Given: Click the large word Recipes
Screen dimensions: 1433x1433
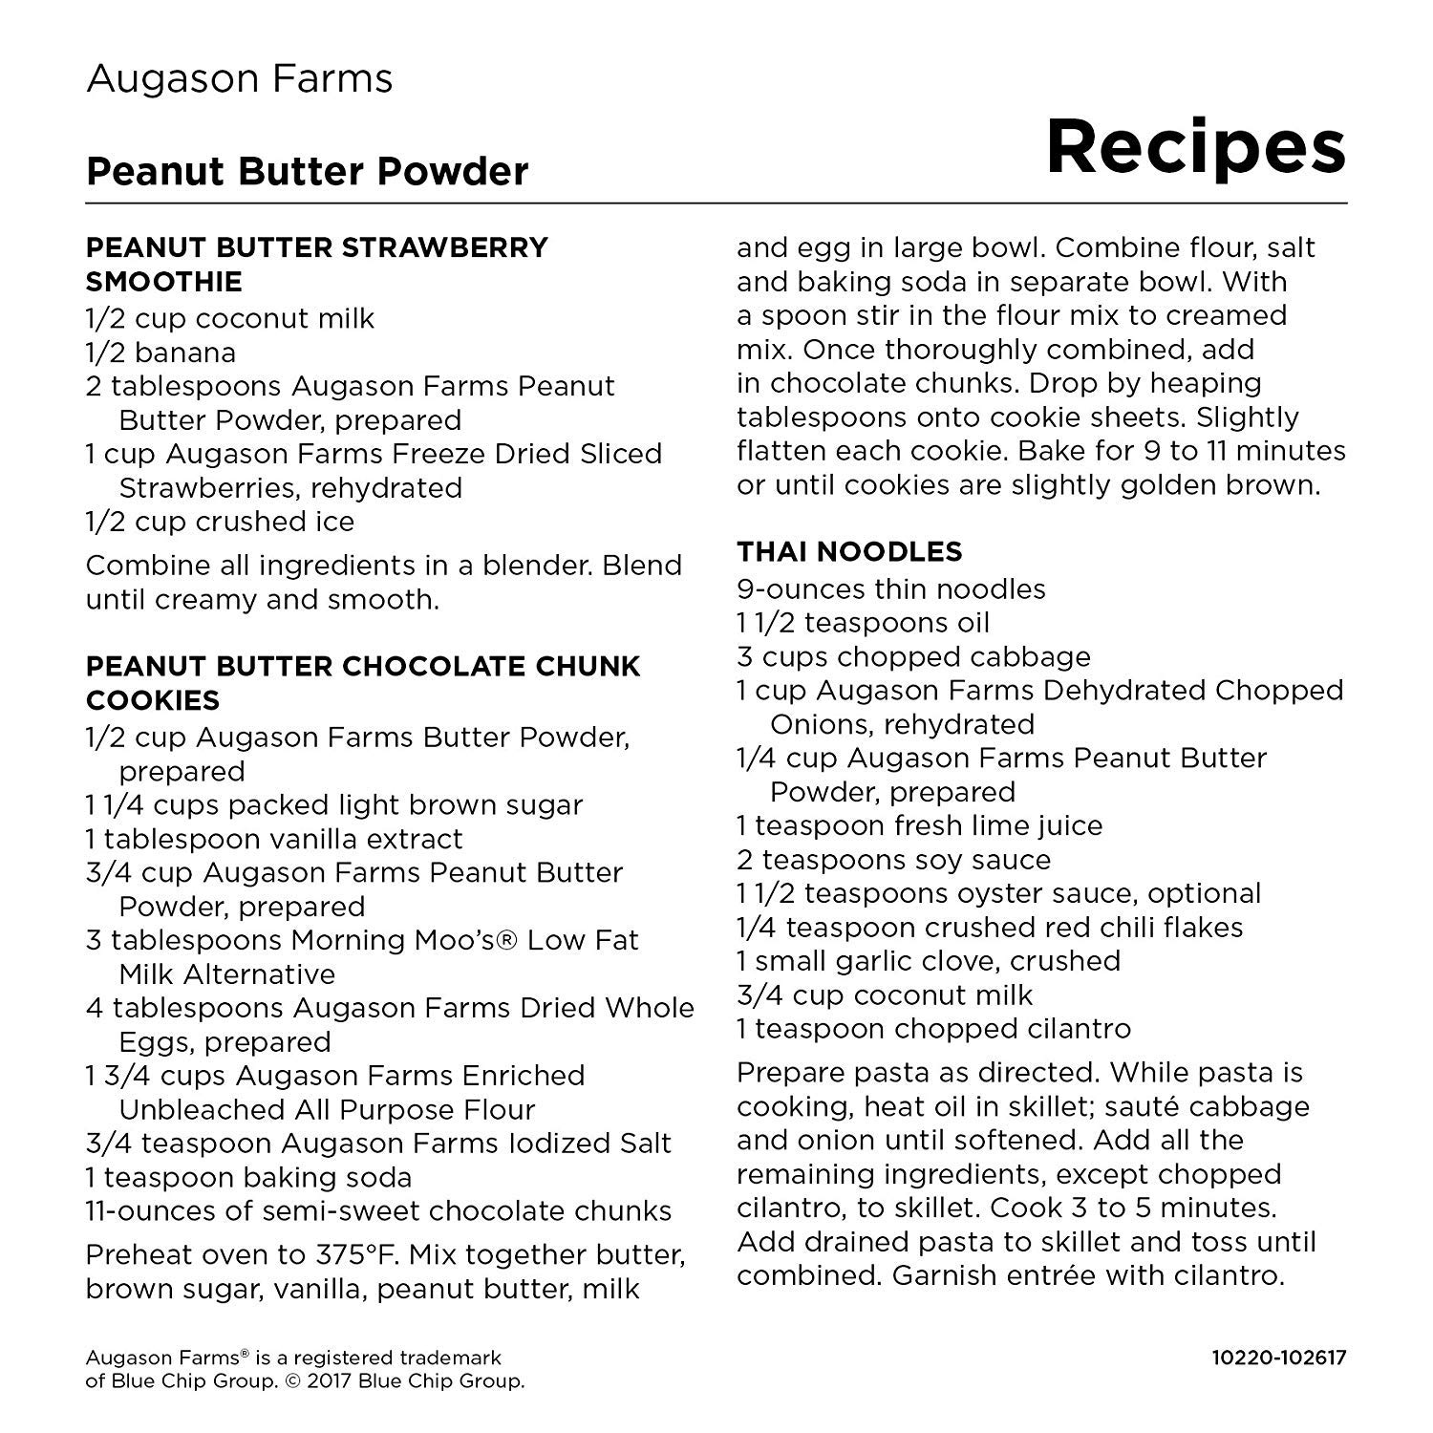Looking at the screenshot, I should (1195, 147).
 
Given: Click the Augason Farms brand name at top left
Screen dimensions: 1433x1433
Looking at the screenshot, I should (239, 78).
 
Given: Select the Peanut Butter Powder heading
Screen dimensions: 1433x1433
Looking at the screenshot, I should (307, 172).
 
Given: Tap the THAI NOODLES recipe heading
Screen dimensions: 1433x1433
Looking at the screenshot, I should (849, 551).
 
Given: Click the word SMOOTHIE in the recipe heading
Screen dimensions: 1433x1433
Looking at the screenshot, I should (163, 282).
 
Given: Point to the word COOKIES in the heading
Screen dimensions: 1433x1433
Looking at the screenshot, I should (153, 700).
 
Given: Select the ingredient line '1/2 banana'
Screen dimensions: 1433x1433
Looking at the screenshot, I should (160, 353).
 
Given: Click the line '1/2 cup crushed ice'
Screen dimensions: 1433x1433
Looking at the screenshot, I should (220, 522).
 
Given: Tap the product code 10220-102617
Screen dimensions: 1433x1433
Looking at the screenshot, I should (1278, 1358).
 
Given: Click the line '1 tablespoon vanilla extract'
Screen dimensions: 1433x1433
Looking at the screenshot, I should (274, 839).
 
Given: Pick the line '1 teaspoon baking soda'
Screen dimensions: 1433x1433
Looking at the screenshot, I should (248, 1177).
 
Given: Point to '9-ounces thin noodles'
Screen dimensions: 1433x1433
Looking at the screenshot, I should (890, 588).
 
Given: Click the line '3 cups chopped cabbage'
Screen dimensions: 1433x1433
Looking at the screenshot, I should (913, 656).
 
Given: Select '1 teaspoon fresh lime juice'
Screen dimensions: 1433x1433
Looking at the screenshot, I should (919, 825).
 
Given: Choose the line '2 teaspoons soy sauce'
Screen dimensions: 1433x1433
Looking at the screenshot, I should (893, 860).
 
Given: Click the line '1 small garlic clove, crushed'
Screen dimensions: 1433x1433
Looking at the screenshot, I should (928, 961).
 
